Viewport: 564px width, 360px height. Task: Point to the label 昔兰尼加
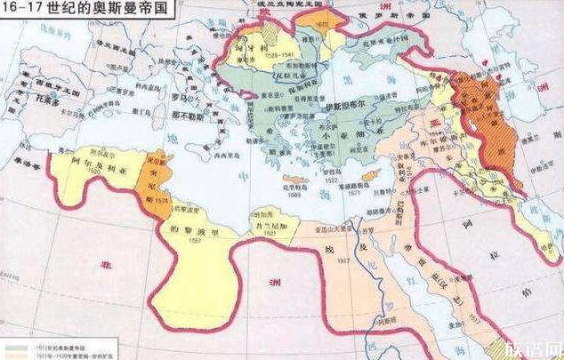pos(270,223)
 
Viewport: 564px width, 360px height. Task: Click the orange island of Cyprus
pos(375,174)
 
